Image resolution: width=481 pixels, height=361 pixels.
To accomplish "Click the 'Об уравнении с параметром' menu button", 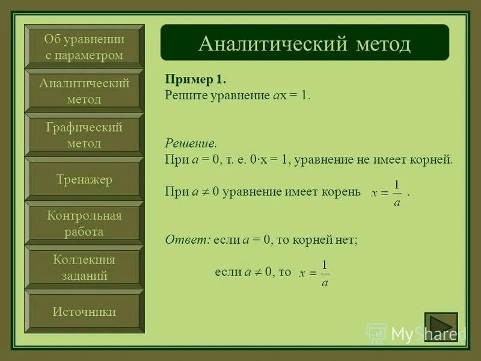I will click(x=84, y=47).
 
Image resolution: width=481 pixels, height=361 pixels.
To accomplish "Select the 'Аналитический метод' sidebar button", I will click(x=84, y=91).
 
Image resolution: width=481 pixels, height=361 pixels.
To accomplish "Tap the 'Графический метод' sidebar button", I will click(x=84, y=135).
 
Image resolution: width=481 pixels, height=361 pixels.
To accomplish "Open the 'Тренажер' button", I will click(x=84, y=179).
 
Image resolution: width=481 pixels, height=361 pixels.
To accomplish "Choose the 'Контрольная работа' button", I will click(x=84, y=223).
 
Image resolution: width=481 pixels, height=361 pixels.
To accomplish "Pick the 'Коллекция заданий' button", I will click(x=84, y=268).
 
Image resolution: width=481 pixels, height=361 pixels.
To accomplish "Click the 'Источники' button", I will click(x=84, y=312).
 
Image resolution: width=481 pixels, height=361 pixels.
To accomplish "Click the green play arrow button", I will click(x=441, y=327).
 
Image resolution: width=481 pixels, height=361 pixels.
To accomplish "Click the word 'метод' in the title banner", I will click(x=382, y=43).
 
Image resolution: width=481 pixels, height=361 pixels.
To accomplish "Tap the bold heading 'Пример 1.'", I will click(x=195, y=80).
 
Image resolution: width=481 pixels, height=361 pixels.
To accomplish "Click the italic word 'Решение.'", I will click(x=191, y=144).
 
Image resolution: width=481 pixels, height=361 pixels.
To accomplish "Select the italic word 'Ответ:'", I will click(x=188, y=239).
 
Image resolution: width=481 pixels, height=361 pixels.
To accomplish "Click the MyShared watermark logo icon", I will click(x=377, y=333).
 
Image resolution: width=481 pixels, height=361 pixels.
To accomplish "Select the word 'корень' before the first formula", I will click(x=343, y=191).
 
